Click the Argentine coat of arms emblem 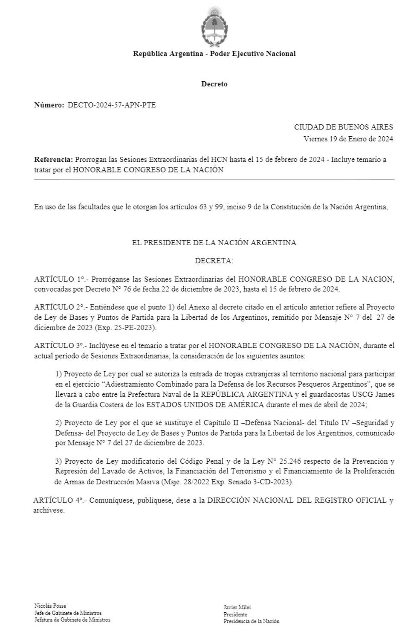pyautogui.click(x=214, y=25)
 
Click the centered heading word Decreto pyautogui.click(x=214, y=84)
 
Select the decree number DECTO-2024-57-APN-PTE pyautogui.click(x=112, y=105)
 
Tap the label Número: pyautogui.click(x=49, y=105)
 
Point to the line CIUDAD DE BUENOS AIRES pyautogui.click(x=343, y=127)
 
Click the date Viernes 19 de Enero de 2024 pyautogui.click(x=348, y=139)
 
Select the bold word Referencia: pyautogui.click(x=53, y=160)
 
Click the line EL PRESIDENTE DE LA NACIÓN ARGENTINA pyautogui.click(x=214, y=243)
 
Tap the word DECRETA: pyautogui.click(x=214, y=261)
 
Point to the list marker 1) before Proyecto pyautogui.click(x=58, y=374)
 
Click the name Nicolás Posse pyautogui.click(x=50, y=606)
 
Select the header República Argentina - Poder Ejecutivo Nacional pyautogui.click(x=214, y=54)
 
